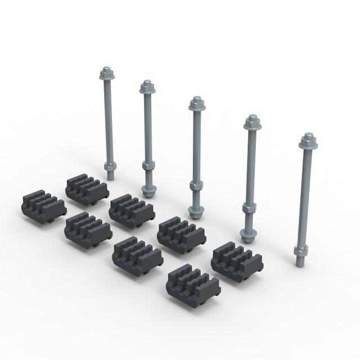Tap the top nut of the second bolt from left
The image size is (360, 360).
click(148, 87)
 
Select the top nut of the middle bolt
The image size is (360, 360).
click(196, 103)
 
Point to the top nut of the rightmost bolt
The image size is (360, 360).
click(307, 140)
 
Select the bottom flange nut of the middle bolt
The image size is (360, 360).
click(195, 212)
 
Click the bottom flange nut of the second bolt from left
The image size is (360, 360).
click(148, 191)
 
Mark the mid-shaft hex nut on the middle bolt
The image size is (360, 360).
click(195, 186)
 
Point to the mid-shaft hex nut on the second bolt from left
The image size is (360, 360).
click(148, 166)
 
